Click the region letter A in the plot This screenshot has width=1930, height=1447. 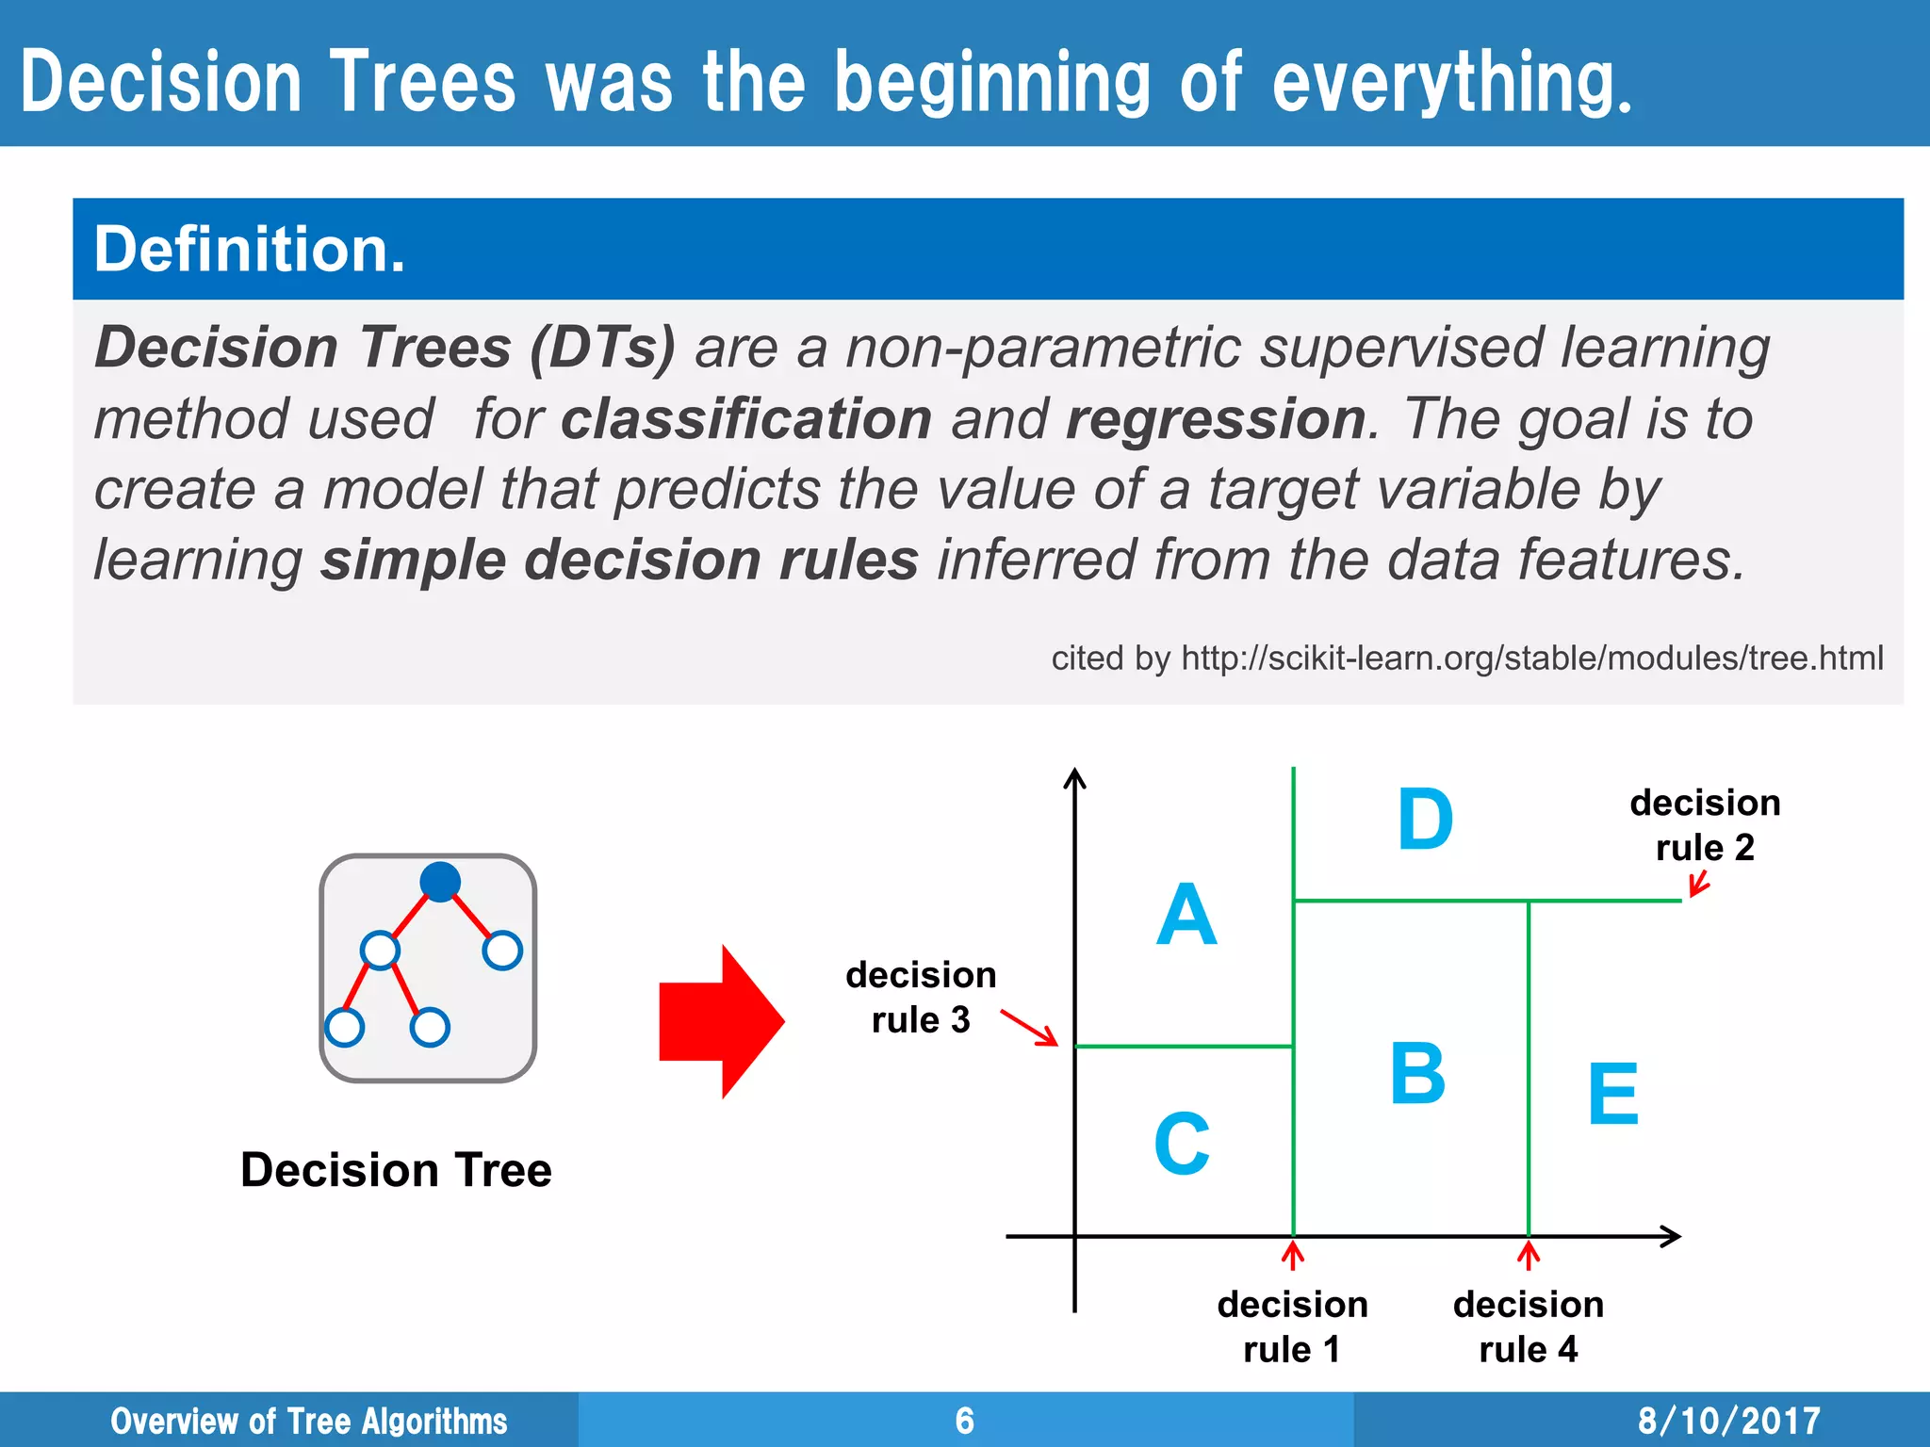point(1186,915)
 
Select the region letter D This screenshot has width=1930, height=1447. point(1425,820)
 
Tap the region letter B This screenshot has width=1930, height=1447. point(1417,1074)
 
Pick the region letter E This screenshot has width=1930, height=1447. point(1612,1094)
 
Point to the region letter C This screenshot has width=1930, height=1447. point(1182,1144)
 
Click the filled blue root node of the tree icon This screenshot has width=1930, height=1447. point(440,882)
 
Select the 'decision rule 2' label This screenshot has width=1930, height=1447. point(1705,825)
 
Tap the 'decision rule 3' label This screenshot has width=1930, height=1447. point(921,997)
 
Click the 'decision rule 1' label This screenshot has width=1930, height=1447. point(1292,1326)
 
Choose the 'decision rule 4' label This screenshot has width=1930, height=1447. point(1528,1326)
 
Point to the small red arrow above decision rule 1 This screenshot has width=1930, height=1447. point(1293,1256)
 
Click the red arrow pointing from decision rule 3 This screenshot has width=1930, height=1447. point(1030,1028)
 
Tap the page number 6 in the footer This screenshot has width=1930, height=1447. point(964,1421)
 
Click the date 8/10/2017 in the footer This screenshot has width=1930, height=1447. point(1728,1421)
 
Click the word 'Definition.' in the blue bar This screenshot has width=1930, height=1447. point(250,250)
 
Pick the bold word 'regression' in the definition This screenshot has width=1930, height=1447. point(1216,418)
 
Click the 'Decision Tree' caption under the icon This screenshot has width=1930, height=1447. point(396,1170)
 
